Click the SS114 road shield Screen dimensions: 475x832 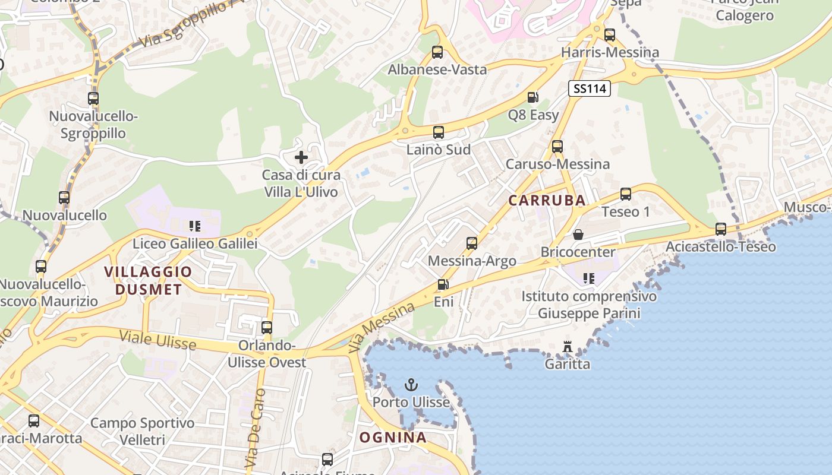click(x=590, y=89)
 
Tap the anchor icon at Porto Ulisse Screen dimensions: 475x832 click(x=411, y=385)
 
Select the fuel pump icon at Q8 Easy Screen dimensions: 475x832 click(x=532, y=97)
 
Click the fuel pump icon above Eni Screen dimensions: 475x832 click(x=443, y=284)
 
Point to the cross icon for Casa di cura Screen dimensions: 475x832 click(x=301, y=157)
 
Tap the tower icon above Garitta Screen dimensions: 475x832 click(x=568, y=346)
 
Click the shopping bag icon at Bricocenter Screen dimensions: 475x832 click(x=578, y=235)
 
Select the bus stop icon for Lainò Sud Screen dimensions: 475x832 click(x=438, y=132)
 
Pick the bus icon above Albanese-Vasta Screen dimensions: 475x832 click(x=437, y=52)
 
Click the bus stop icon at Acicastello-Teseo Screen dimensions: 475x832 click(x=720, y=229)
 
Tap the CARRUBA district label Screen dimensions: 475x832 click(x=547, y=201)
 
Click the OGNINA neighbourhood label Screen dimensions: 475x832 click(x=393, y=438)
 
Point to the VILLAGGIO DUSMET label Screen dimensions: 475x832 click(x=148, y=281)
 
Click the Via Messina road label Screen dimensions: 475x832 click(x=382, y=327)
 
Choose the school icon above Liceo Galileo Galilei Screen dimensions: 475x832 click(x=194, y=226)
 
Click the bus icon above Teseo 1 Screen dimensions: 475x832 click(x=625, y=194)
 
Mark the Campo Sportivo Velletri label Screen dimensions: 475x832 click(x=143, y=432)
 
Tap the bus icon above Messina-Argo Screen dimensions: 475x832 click(x=472, y=243)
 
